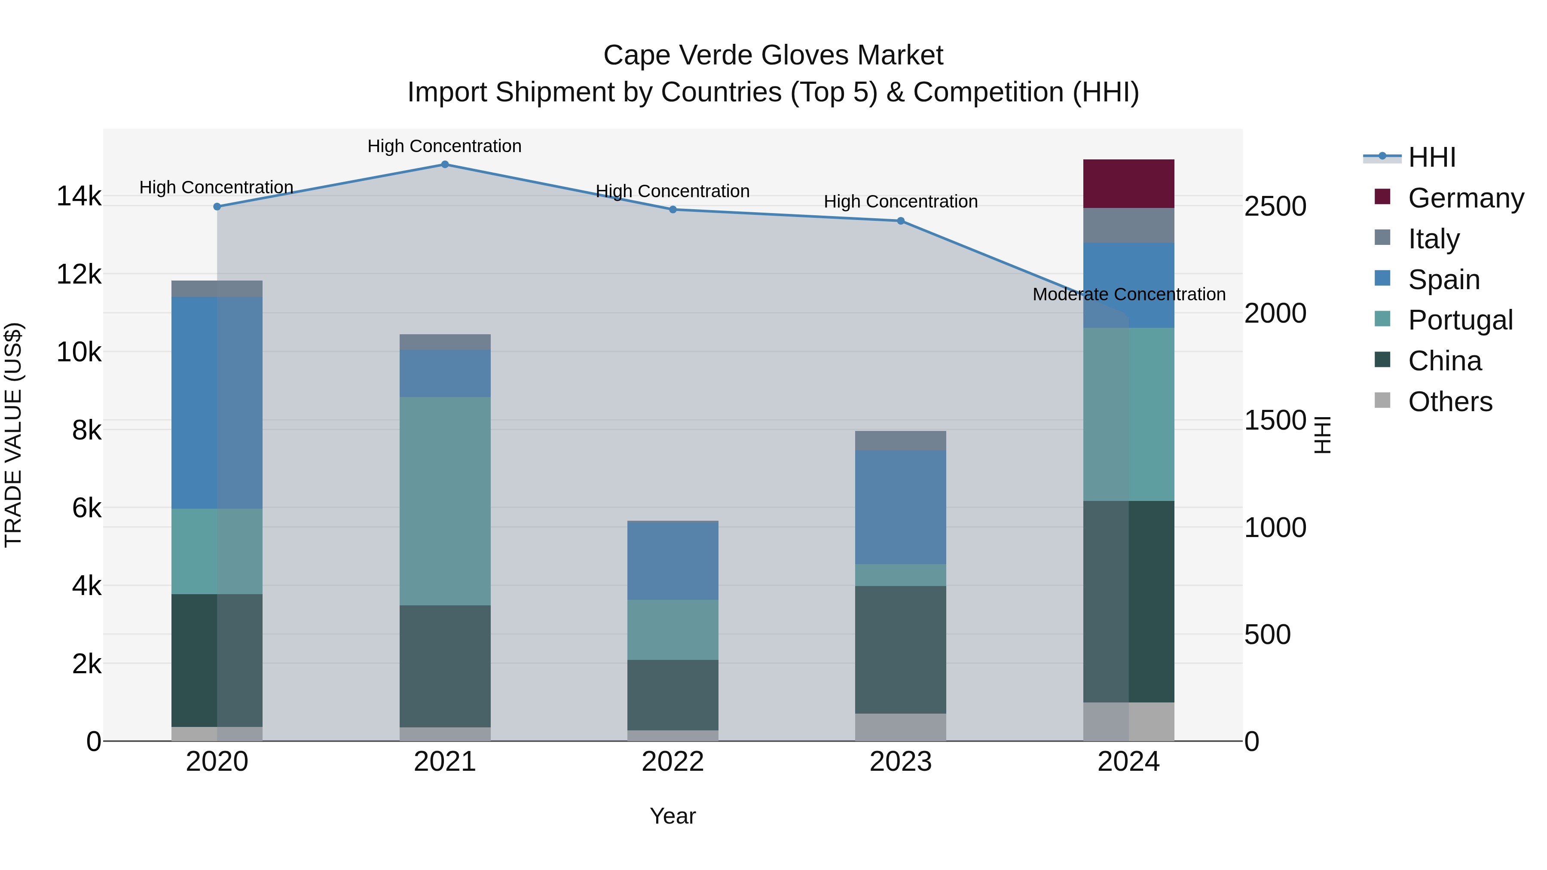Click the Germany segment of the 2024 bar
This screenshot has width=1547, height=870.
(1128, 184)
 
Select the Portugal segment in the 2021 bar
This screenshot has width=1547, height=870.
(445, 501)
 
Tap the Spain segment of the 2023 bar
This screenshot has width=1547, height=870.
(900, 507)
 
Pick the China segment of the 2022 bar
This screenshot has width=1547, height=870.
(673, 695)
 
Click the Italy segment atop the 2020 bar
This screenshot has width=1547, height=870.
(217, 289)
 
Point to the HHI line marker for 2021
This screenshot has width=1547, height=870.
(445, 165)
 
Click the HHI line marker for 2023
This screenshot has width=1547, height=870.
(900, 221)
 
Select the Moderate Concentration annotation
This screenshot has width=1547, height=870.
(1128, 294)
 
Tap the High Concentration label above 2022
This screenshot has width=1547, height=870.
(673, 191)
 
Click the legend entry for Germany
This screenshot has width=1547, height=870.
(1465, 198)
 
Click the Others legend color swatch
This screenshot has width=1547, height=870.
(1382, 400)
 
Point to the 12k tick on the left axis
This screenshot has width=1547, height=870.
(79, 275)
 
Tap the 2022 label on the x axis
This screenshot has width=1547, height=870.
(673, 761)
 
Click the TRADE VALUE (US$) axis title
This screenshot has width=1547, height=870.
(13, 435)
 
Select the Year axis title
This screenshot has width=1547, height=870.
(673, 816)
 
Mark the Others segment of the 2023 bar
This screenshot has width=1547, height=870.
(900, 727)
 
